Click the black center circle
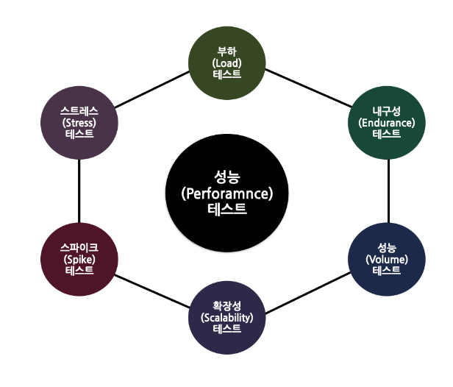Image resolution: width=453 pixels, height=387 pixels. point(226,193)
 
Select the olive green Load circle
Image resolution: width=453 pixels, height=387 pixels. point(226,63)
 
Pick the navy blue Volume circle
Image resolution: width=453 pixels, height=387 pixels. point(386,259)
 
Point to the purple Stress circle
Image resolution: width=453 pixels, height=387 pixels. point(79,122)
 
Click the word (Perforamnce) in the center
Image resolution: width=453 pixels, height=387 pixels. point(226,194)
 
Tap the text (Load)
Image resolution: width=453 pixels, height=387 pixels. point(226,63)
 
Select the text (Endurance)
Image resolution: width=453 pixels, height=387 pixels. point(386,122)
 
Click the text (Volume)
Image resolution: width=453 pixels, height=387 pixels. point(386,259)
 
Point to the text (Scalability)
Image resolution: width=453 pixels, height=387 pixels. point(226,318)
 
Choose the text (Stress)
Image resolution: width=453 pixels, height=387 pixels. point(79,122)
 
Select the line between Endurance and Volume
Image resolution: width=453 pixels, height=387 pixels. point(388,191)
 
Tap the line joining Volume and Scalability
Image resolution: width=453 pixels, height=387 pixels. point(307,289)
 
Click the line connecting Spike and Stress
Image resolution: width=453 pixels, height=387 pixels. point(79,191)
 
